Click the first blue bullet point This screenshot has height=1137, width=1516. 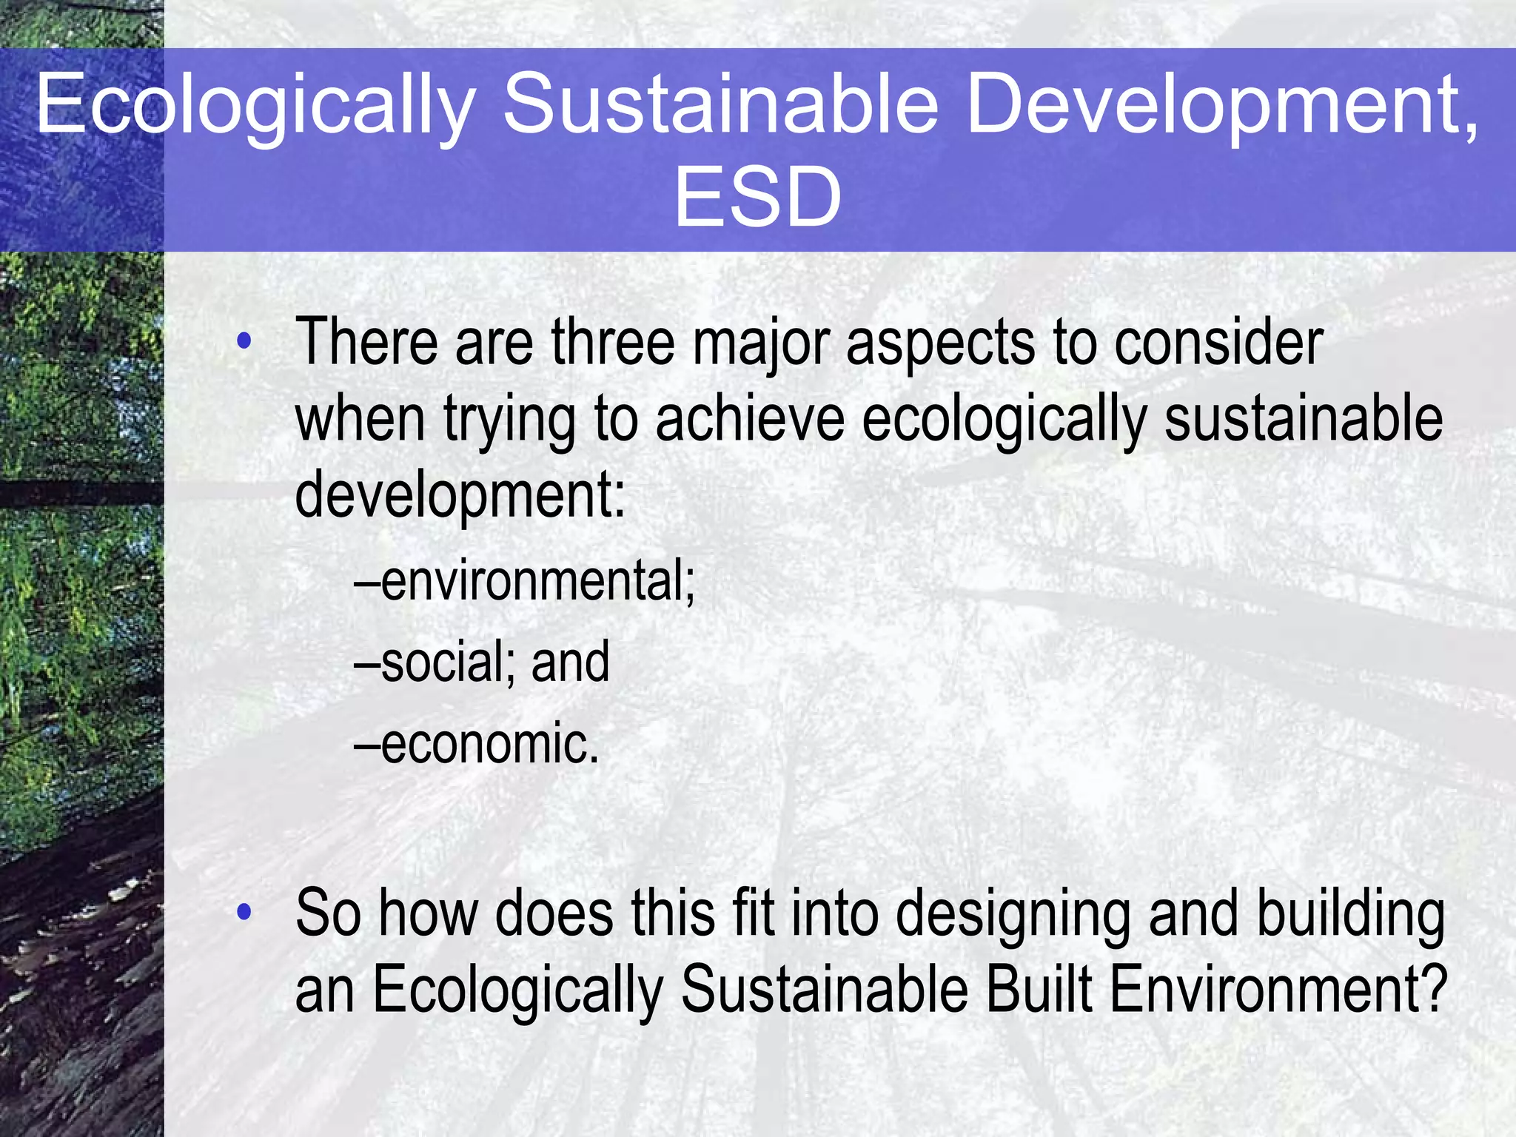pos(244,342)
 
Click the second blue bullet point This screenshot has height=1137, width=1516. pos(244,913)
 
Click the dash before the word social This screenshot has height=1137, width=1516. pos(367,663)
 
